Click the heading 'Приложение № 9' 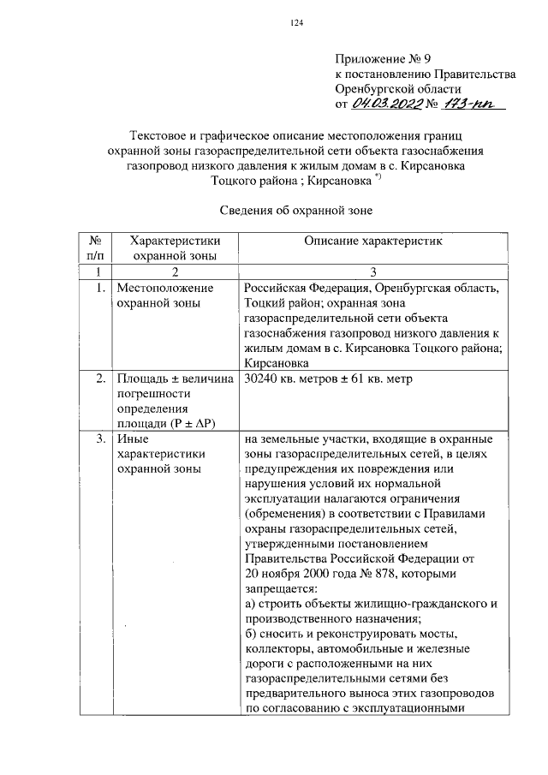pos(379,59)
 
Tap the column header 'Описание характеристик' pos(372,241)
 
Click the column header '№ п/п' pos(94,248)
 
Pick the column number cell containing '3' pos(373,272)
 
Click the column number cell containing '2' pos(173,272)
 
